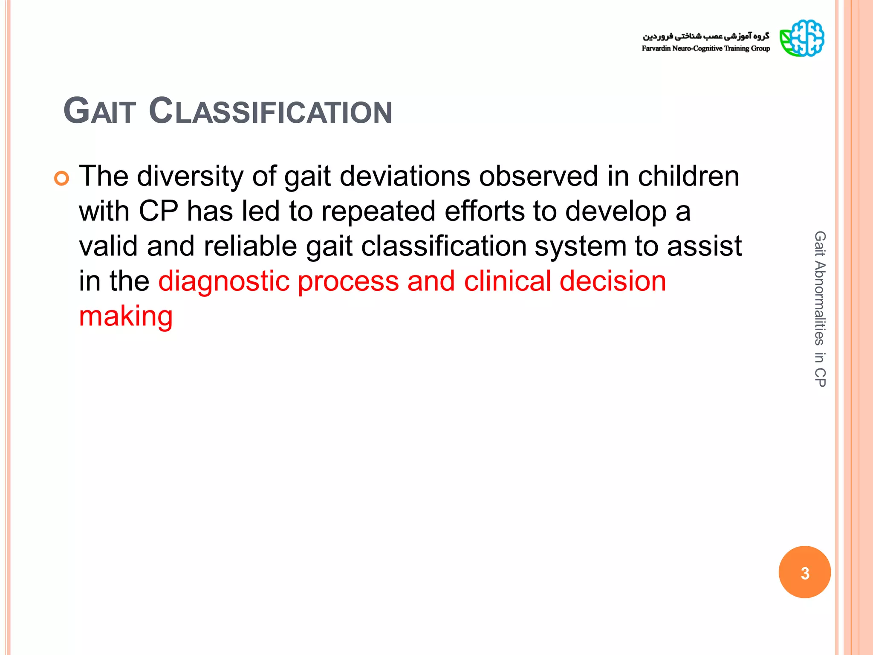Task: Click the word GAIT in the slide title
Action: pyautogui.click(x=100, y=112)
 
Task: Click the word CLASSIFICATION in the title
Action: pyautogui.click(x=270, y=112)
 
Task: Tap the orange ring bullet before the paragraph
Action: pyautogui.click(x=62, y=178)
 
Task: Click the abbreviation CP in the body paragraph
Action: pyautogui.click(x=159, y=212)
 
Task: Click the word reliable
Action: pyautogui.click(x=250, y=246)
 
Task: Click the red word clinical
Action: pyautogui.click(x=507, y=281)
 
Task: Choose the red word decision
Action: pyautogui.click(x=613, y=281)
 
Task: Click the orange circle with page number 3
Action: pyautogui.click(x=804, y=572)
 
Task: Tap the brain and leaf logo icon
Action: pyautogui.click(x=802, y=38)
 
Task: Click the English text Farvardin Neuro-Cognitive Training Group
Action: pyautogui.click(x=705, y=49)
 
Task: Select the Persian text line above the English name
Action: pyautogui.click(x=706, y=36)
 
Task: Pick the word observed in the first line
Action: pyautogui.click(x=538, y=177)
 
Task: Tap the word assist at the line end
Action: pyautogui.click(x=704, y=246)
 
